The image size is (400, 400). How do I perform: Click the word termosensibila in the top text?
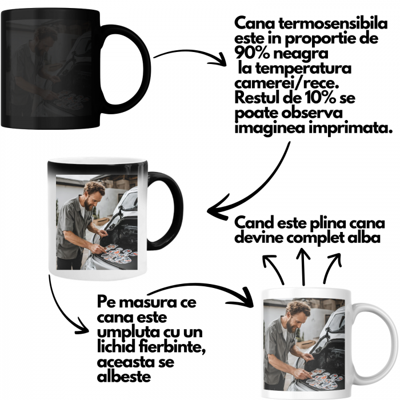coord(333,24)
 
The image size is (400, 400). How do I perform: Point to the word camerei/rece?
coord(287,83)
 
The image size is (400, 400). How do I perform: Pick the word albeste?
coord(124,377)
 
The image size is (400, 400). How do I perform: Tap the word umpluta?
coord(125,333)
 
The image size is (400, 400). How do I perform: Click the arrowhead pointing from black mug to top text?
coord(219,61)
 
